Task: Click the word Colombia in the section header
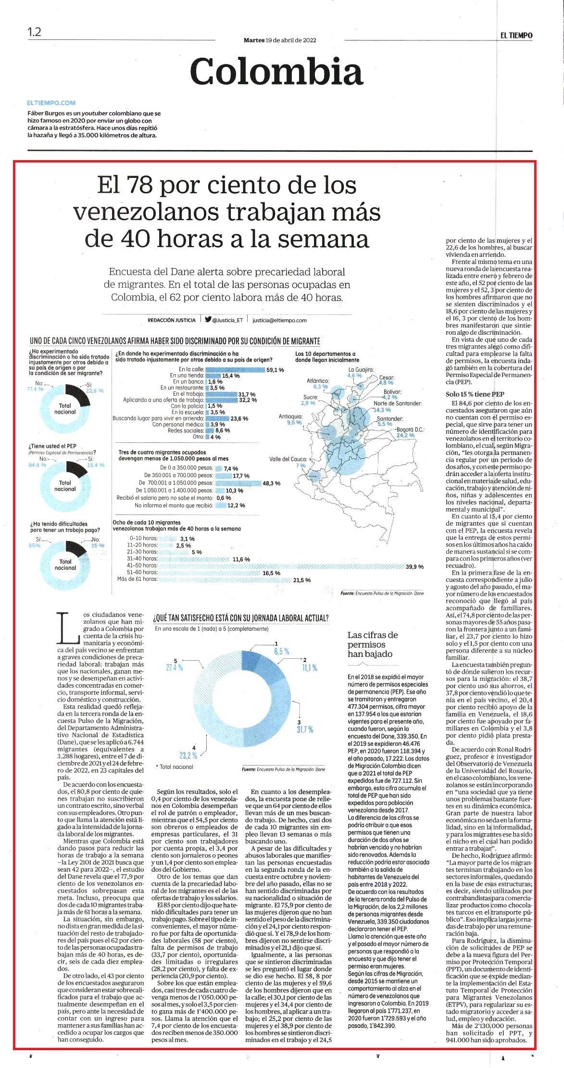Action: coord(276,72)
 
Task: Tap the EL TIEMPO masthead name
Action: coord(515,35)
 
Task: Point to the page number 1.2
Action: coord(35,33)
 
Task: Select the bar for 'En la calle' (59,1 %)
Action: coord(236,370)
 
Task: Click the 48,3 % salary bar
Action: coord(238,483)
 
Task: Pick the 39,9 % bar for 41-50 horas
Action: coord(281,566)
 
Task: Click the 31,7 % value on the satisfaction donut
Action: coord(305,729)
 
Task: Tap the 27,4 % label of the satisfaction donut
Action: coord(175,667)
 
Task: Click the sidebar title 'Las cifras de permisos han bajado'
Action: coord(373,644)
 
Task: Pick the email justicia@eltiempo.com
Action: coord(279,320)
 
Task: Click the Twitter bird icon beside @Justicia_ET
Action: coord(208,319)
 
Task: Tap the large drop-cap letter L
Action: coord(67,628)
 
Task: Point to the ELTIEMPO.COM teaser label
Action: coord(51,102)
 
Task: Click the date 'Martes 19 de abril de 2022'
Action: coord(280,40)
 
